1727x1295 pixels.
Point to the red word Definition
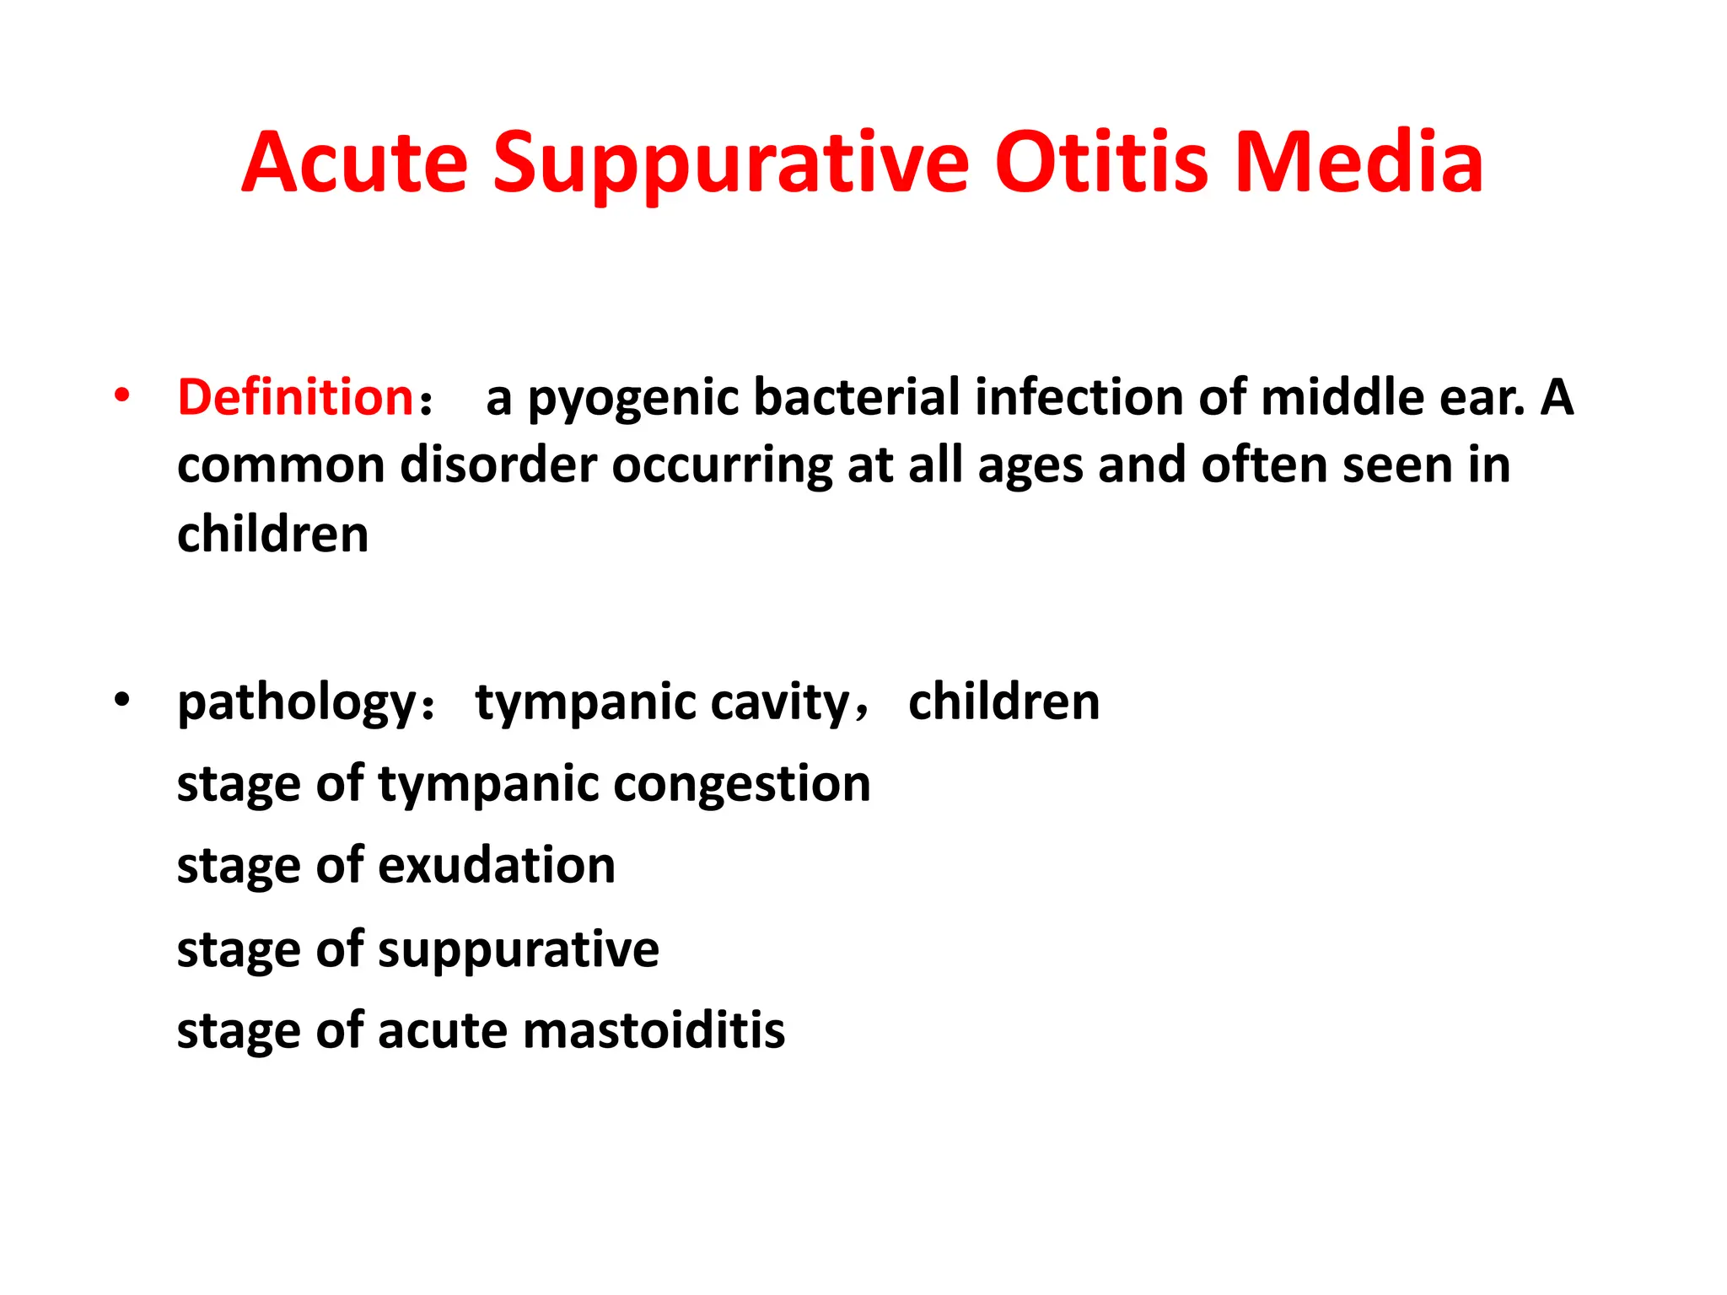(x=294, y=397)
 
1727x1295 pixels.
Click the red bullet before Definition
(x=122, y=395)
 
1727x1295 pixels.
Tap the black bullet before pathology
(x=122, y=700)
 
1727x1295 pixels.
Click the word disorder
(x=498, y=465)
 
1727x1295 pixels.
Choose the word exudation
(x=497, y=866)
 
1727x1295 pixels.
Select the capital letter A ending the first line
(x=1557, y=397)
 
